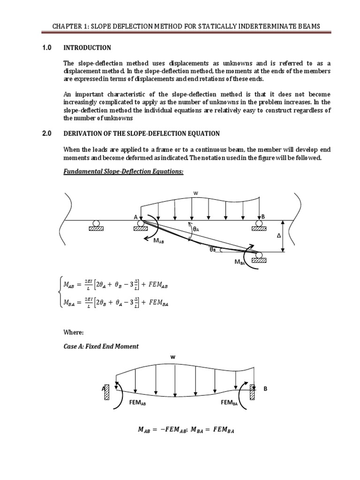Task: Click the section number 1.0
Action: point(46,47)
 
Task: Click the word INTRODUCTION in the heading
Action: point(87,47)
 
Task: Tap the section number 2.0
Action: point(46,134)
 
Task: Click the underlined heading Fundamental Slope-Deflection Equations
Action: point(123,172)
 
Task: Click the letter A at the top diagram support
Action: point(135,217)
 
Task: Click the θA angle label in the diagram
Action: point(196,229)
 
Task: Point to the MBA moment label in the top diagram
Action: point(240,262)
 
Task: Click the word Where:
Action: point(73,332)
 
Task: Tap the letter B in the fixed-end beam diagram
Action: point(265,389)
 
